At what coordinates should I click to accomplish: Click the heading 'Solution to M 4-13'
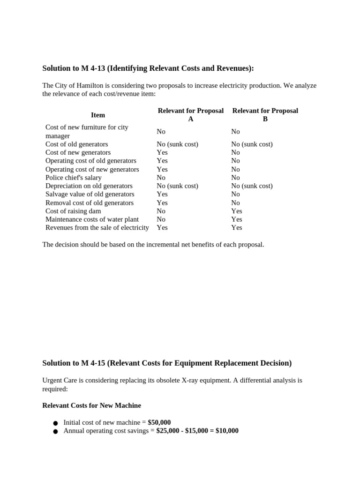(148, 68)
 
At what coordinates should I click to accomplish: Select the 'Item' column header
(98, 115)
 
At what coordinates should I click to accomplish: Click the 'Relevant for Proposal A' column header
(190, 115)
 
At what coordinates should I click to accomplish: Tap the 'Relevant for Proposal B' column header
(265, 115)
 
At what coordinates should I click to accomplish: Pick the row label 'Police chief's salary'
(73, 178)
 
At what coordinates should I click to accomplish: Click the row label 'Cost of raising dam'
(73, 211)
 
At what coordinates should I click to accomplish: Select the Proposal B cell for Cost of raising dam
(236, 211)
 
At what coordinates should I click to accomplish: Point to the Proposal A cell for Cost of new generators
(162, 152)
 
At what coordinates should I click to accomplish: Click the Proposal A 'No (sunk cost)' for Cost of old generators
(177, 144)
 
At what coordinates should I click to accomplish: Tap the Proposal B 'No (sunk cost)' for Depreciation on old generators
(252, 186)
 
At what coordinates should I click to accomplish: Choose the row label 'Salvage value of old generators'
(90, 194)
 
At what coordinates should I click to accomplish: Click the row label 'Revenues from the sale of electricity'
(97, 227)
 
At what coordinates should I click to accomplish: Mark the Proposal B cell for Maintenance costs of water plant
(236, 219)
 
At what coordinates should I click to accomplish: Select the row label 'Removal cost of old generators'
(89, 202)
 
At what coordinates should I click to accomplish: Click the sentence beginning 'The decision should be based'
(153, 245)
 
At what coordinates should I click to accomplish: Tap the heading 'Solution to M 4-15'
(166, 363)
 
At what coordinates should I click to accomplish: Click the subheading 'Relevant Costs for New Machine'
(91, 405)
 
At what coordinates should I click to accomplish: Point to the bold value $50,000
(159, 422)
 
